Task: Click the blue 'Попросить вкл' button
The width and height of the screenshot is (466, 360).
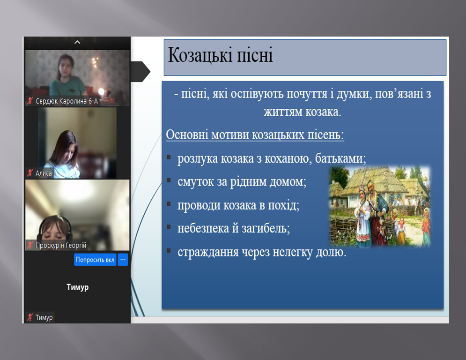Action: click(95, 260)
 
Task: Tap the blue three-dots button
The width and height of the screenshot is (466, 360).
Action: click(123, 260)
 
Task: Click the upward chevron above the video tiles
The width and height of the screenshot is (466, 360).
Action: click(77, 42)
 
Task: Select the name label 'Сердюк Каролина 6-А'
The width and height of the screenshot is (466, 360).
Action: click(67, 101)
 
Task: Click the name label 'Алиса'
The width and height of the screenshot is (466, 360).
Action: click(44, 173)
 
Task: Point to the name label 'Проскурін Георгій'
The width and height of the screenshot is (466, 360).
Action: click(60, 246)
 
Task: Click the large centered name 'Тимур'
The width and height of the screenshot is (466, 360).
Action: click(78, 287)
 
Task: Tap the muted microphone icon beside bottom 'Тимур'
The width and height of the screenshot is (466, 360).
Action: click(30, 317)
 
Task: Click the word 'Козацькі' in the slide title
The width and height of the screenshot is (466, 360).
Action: click(200, 55)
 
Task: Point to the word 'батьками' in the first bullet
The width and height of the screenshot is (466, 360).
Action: click(340, 158)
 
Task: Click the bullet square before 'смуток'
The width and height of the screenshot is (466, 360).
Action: click(169, 180)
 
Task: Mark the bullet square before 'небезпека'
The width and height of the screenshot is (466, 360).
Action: click(169, 227)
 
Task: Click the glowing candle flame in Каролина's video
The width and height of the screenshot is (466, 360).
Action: click(101, 91)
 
